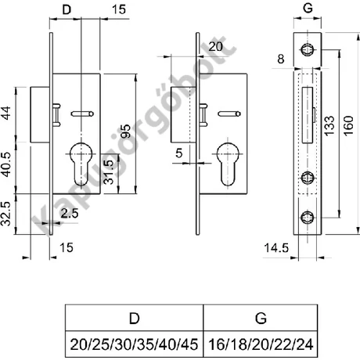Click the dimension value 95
[x=126, y=131]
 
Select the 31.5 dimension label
[x=109, y=172]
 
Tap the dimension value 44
[x=6, y=113]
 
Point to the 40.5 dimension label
[x=6, y=165]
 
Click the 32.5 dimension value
[x=6, y=214]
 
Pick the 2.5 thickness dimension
[x=70, y=214]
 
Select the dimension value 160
[x=348, y=126]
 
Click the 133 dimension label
[x=329, y=126]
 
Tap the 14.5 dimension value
[x=276, y=248]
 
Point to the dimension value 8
[x=281, y=59]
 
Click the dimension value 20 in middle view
[x=216, y=47]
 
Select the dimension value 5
[x=179, y=153]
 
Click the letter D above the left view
[x=67, y=9]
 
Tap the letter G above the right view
[x=308, y=8]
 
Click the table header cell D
[x=134, y=318]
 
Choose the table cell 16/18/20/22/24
[x=261, y=344]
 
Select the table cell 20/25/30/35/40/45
[x=134, y=344]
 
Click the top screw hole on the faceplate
[x=308, y=50]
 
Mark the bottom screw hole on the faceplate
[x=308, y=218]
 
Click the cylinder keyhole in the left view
[x=81, y=164]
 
